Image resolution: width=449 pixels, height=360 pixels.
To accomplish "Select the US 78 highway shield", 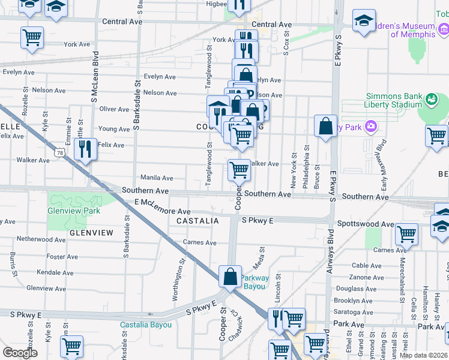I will (59, 153).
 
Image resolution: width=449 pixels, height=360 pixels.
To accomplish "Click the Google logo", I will (20, 353).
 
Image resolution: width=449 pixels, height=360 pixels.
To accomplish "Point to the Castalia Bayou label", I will (146, 325).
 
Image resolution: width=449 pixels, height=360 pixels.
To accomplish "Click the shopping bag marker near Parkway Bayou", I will (231, 277).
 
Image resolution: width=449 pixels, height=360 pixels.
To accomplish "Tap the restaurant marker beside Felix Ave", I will (86, 148).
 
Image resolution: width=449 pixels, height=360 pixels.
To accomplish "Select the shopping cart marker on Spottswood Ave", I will (406, 233).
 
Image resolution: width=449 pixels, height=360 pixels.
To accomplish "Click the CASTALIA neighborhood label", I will (197, 221).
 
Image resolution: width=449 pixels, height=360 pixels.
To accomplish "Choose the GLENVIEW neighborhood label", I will (91, 232).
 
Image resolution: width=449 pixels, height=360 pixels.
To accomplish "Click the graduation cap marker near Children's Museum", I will (363, 21).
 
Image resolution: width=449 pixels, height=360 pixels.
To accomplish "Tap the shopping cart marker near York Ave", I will (32, 37).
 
